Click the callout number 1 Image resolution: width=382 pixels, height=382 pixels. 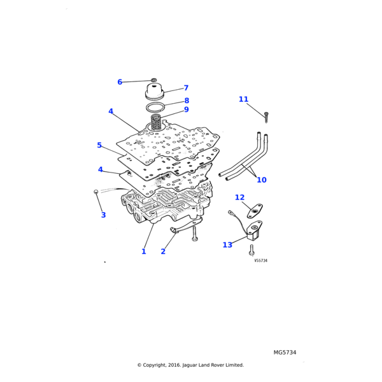[x=143, y=251]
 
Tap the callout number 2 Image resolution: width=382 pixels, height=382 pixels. [x=163, y=251]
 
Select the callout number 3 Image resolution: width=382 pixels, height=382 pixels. [x=103, y=215]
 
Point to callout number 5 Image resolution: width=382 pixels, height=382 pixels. [x=99, y=145]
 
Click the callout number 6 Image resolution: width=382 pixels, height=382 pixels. [x=138, y=82]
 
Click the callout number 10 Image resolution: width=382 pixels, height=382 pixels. [x=262, y=180]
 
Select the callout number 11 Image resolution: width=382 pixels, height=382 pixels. [x=243, y=99]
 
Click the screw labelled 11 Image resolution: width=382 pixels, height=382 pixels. [x=266, y=116]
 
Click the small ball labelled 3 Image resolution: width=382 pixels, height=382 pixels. [x=95, y=191]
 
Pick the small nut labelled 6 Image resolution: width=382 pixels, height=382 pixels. [x=154, y=80]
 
